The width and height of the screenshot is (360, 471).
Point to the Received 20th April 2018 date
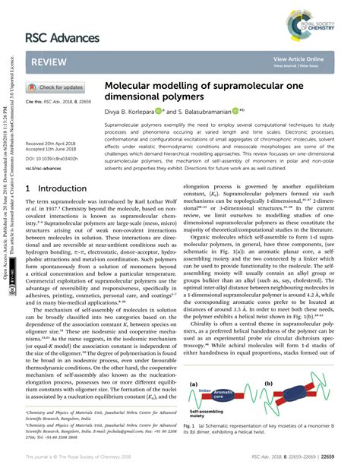pos(52,143)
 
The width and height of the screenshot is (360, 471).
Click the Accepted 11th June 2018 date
pos(52,149)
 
